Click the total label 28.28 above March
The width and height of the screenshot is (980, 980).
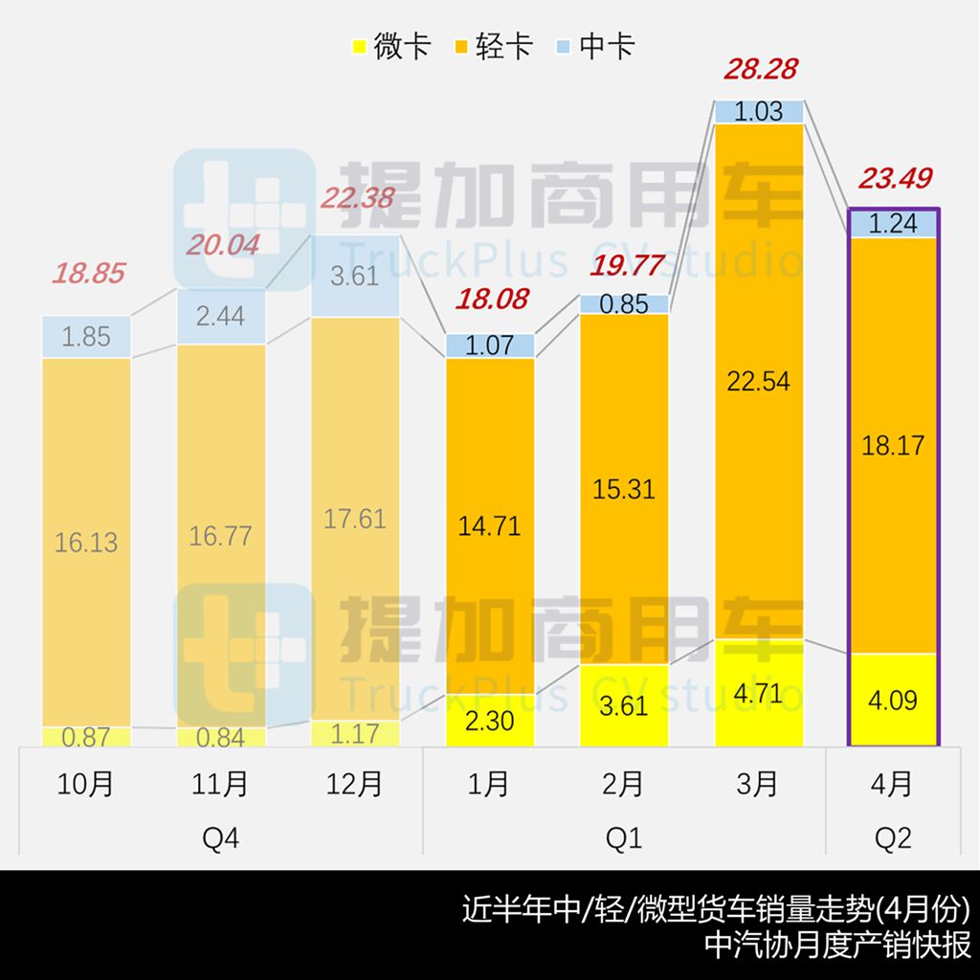pos(761,70)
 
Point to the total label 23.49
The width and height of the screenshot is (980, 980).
pos(895,179)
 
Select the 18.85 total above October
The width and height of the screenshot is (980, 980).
pos(88,274)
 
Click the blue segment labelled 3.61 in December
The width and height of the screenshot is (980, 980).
pos(355,276)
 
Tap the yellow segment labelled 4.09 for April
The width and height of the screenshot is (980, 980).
pos(893,700)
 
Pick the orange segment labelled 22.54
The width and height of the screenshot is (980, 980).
pos(759,381)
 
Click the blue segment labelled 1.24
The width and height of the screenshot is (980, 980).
pos(893,223)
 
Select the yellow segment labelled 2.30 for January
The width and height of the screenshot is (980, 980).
pos(490,720)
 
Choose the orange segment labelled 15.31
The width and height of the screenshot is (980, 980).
pos(624,488)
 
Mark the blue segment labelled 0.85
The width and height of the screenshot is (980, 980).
pos(624,304)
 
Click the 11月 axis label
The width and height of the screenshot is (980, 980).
pos(221,784)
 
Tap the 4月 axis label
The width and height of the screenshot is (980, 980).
pos(893,784)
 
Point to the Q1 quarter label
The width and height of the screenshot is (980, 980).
pos(624,839)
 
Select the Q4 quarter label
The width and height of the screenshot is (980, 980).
pos(221,839)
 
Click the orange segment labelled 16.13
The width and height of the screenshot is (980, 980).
pos(87,542)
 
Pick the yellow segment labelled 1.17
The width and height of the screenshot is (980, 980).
pos(355,734)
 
